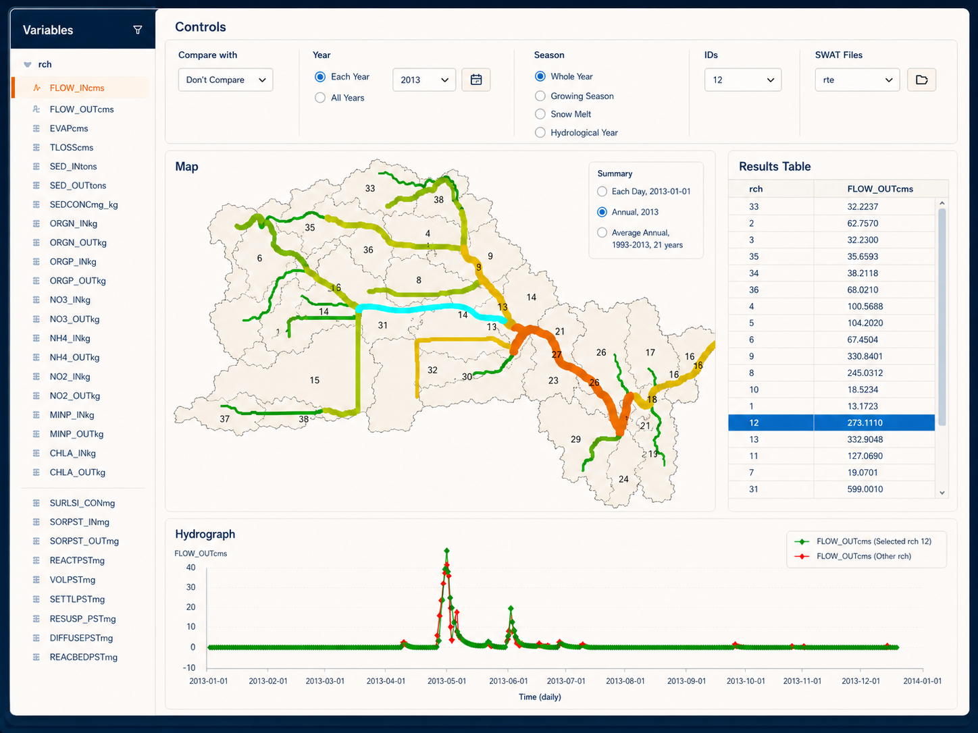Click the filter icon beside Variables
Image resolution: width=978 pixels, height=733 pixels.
(138, 30)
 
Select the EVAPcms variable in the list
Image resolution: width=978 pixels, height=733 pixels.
(69, 128)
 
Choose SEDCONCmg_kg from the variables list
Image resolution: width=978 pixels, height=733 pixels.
(84, 205)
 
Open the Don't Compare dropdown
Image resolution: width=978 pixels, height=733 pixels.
(226, 80)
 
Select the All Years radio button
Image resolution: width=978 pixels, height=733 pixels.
(320, 97)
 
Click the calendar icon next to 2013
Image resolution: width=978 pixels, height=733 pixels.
(476, 80)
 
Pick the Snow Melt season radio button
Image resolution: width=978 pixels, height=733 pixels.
(540, 114)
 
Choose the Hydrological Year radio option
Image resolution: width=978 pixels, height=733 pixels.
(540, 132)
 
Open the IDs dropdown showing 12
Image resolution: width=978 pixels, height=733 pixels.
(743, 80)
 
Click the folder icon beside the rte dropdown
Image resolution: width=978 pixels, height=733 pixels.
(921, 80)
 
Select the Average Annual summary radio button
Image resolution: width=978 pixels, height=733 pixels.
(602, 232)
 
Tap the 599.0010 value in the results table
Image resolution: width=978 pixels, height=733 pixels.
(865, 489)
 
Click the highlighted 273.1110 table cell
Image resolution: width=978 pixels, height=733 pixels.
(865, 423)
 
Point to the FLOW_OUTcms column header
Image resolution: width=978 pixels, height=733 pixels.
(880, 189)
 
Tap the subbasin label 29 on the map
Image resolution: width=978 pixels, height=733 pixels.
(575, 439)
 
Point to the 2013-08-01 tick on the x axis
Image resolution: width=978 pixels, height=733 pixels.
(625, 681)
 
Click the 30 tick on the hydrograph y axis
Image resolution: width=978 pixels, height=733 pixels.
(190, 587)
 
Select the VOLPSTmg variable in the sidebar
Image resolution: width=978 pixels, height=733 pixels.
(73, 580)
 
